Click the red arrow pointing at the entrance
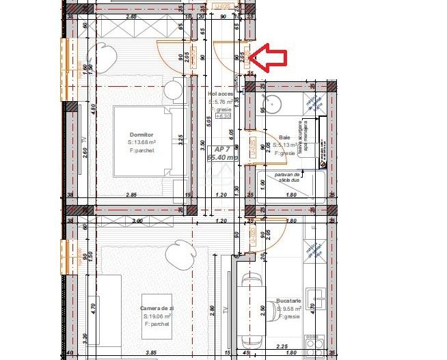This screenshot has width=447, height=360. (267, 57)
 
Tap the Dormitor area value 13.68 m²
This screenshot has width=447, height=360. (144, 143)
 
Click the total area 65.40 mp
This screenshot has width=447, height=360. (222, 157)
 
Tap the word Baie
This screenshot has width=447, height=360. (284, 137)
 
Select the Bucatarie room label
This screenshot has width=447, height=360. (289, 300)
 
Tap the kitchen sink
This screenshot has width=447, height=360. (317, 299)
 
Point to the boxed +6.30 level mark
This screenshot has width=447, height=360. (223, 116)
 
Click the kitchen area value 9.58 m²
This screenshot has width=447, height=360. (288, 309)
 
